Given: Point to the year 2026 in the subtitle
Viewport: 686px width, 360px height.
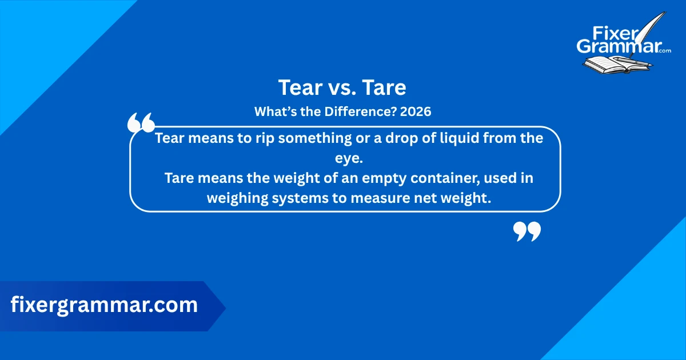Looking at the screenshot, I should [416, 112].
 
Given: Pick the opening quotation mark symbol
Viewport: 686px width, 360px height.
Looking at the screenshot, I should [141, 123].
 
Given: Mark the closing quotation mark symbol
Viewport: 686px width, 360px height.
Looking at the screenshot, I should [527, 231].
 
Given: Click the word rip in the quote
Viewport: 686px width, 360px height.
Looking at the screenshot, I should [261, 138].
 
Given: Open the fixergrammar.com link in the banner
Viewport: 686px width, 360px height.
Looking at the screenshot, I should [104, 305].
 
